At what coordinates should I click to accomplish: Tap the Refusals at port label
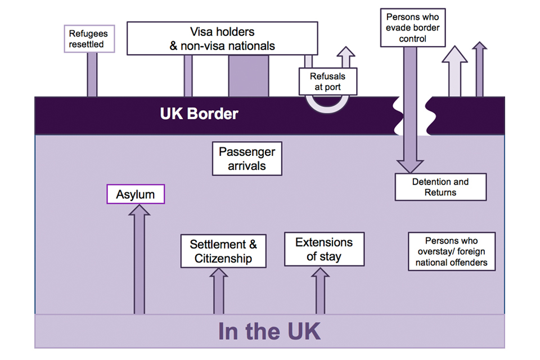(327, 82)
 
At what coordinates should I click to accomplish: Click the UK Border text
(199, 114)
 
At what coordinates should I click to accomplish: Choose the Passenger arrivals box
(246, 159)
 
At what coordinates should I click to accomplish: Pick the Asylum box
(136, 195)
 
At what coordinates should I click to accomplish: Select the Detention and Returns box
(441, 187)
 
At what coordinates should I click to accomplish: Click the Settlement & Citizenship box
(223, 251)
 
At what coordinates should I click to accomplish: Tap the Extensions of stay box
(324, 250)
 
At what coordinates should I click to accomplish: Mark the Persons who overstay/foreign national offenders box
(451, 251)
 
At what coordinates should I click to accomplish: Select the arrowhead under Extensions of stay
(321, 274)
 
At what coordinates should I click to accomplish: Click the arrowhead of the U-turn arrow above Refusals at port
(346, 54)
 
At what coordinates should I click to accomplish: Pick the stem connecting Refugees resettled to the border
(92, 75)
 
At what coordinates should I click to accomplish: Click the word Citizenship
(223, 259)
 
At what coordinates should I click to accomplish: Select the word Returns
(441, 192)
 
